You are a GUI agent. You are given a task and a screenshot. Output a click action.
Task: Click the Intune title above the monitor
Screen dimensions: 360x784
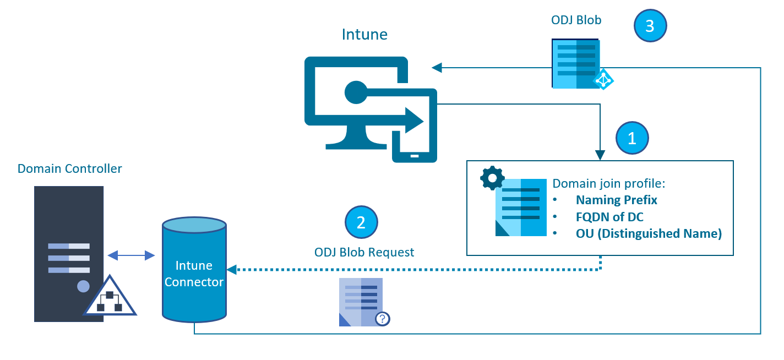[364, 35]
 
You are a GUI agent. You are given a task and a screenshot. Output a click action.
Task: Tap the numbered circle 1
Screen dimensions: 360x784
[632, 138]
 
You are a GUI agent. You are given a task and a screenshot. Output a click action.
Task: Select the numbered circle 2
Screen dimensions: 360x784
[361, 222]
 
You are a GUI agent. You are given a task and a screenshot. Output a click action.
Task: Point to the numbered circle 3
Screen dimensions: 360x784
[650, 26]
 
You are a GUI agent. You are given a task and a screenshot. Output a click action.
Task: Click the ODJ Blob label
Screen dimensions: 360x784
[576, 20]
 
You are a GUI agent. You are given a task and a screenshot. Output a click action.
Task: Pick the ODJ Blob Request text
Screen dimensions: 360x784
[364, 252]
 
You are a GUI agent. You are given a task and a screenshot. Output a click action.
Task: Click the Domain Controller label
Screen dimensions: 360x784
[70, 168]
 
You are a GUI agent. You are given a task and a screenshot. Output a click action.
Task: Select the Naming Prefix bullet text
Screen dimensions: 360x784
[617, 200]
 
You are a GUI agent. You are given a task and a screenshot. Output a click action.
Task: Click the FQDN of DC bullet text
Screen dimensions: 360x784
[609, 217]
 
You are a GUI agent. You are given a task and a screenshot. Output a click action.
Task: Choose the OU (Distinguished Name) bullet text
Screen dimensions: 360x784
[649, 233]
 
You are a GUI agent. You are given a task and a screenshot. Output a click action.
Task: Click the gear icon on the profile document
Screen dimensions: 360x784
[492, 178]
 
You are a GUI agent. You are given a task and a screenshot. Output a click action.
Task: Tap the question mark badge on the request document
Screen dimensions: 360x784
[382, 319]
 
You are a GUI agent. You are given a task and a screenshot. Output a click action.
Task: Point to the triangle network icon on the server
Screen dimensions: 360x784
[109, 298]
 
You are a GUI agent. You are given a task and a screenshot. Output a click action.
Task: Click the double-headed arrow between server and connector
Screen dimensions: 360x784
[131, 255]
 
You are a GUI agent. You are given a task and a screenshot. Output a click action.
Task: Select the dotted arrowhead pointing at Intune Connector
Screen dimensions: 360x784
[232, 270]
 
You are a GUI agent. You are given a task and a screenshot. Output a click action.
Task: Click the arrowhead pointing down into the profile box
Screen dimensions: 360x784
[600, 156]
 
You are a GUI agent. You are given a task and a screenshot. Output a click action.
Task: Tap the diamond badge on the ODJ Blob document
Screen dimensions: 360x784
[603, 80]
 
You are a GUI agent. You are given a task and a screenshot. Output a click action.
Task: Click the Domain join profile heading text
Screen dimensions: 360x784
[609, 183]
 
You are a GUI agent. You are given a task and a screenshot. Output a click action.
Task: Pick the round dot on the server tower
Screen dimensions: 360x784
[83, 286]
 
